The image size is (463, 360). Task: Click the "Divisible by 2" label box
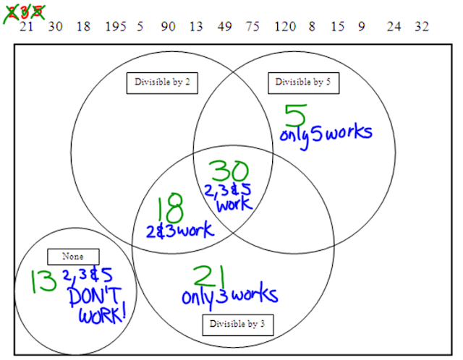(x=162, y=83)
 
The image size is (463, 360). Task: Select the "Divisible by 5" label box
(x=304, y=83)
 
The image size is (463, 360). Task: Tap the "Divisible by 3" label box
(x=238, y=325)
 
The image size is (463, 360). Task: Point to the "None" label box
(x=73, y=257)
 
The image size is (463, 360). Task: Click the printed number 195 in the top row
(x=116, y=27)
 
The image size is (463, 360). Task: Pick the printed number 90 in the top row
(x=168, y=27)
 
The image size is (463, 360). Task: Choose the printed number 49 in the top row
(x=225, y=27)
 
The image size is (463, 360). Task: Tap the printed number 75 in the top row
(x=252, y=27)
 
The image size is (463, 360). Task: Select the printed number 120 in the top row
(x=285, y=27)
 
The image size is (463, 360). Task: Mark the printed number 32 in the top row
(x=422, y=27)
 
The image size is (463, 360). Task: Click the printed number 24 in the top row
(x=394, y=27)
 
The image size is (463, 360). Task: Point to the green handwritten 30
(x=229, y=171)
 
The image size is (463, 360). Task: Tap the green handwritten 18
(x=171, y=207)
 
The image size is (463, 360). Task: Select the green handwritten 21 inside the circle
(x=209, y=276)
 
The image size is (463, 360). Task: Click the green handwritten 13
(x=43, y=281)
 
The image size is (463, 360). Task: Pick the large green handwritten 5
(x=295, y=116)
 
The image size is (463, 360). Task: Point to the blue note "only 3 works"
(x=230, y=296)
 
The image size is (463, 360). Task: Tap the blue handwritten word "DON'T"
(x=95, y=296)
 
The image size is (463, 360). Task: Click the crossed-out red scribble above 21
(x=24, y=13)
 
